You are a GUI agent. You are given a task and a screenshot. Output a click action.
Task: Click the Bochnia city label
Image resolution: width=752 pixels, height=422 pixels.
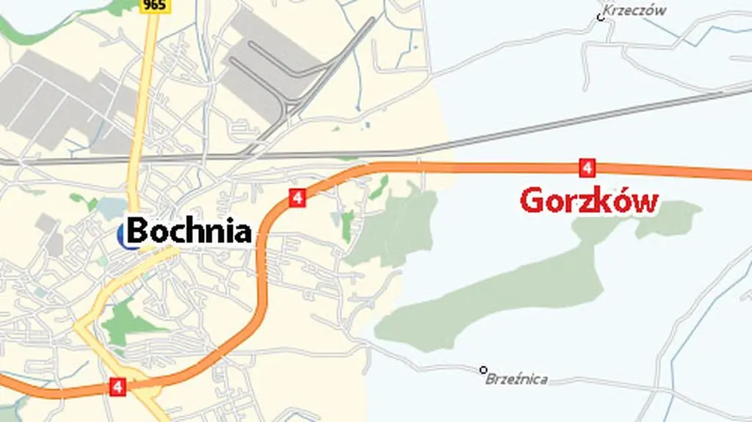tap(189, 230)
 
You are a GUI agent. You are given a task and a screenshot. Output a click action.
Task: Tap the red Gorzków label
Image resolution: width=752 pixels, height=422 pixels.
tap(588, 200)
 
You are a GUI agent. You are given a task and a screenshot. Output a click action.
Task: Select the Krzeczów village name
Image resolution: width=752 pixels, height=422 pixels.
tap(634, 10)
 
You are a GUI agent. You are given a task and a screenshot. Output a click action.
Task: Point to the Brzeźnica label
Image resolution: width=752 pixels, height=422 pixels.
tap(516, 379)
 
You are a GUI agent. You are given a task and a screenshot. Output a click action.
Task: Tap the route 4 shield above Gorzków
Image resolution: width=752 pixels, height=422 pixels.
tap(586, 167)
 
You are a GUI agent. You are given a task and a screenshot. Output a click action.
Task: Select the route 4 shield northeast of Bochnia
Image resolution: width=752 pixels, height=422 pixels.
tap(297, 197)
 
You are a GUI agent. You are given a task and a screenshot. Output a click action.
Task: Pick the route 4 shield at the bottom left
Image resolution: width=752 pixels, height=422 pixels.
tap(117, 386)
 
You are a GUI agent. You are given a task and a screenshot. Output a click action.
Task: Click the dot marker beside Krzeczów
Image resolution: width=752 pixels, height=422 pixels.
tap(600, 17)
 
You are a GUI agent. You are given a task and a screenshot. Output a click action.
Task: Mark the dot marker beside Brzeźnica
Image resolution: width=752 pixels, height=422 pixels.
tap(483, 369)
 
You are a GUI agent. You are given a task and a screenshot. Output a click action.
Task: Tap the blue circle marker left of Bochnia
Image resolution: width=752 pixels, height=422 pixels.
tap(123, 235)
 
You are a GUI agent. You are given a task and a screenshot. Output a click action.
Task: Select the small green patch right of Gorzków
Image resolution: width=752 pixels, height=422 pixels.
tap(668, 218)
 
